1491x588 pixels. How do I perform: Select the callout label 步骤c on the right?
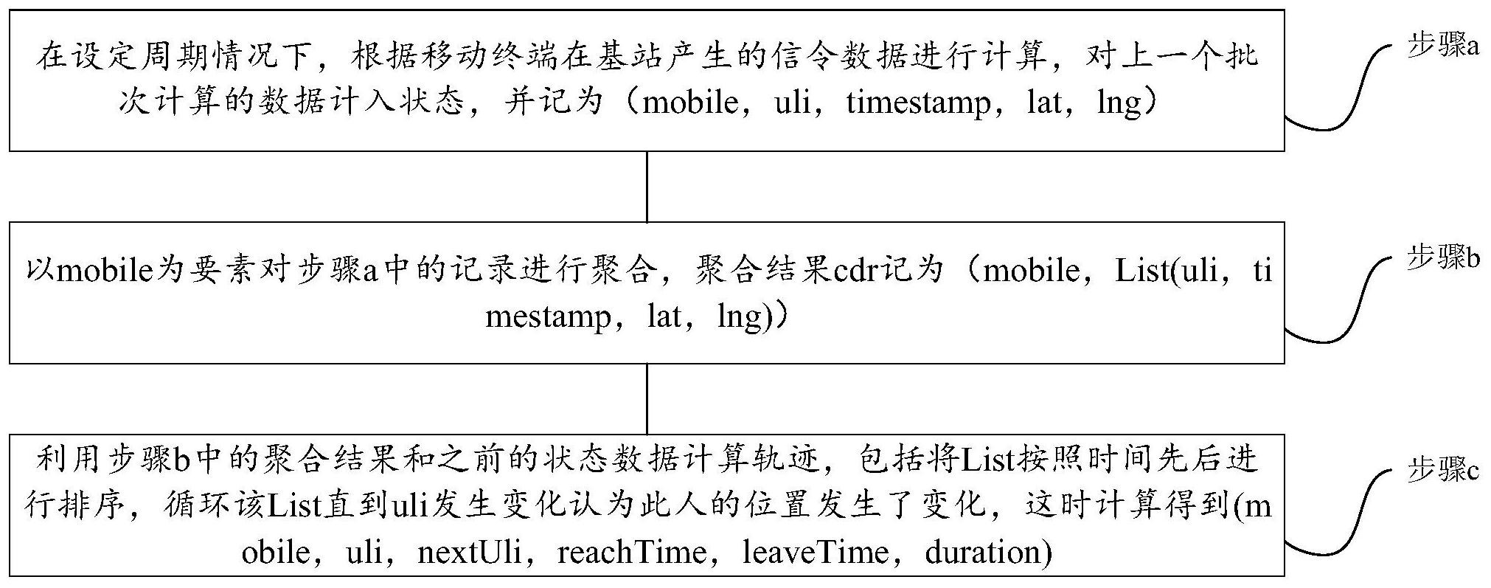click(1442, 470)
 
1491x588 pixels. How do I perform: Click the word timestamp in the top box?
click(919, 103)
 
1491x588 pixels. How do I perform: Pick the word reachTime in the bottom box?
click(631, 552)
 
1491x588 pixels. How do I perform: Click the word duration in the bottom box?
click(981, 552)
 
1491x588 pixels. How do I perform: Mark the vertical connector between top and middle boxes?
click(647, 187)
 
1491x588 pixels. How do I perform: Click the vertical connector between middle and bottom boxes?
click(647, 398)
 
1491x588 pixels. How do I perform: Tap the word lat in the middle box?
click(663, 317)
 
